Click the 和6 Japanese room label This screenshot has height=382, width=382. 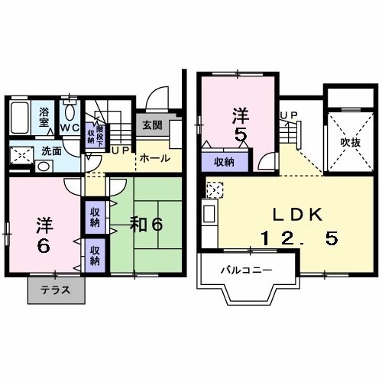(x=146, y=225)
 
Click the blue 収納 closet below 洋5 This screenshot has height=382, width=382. (x=223, y=162)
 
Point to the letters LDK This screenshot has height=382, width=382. (x=289, y=214)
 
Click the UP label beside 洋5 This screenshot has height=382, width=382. (x=289, y=115)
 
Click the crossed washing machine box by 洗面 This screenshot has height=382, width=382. (x=21, y=156)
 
